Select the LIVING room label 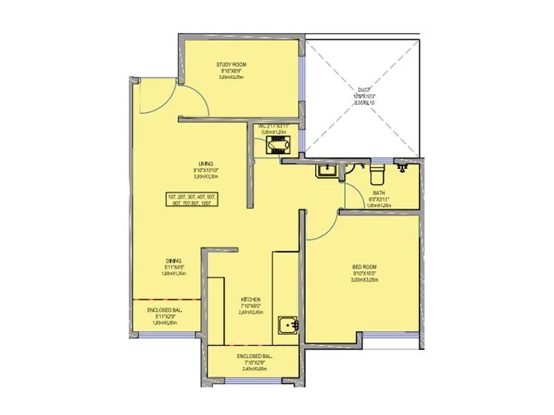coord(205,163)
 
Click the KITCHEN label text coord(251,299)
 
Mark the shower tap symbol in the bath coord(402,167)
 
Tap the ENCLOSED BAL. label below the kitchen coord(254,356)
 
